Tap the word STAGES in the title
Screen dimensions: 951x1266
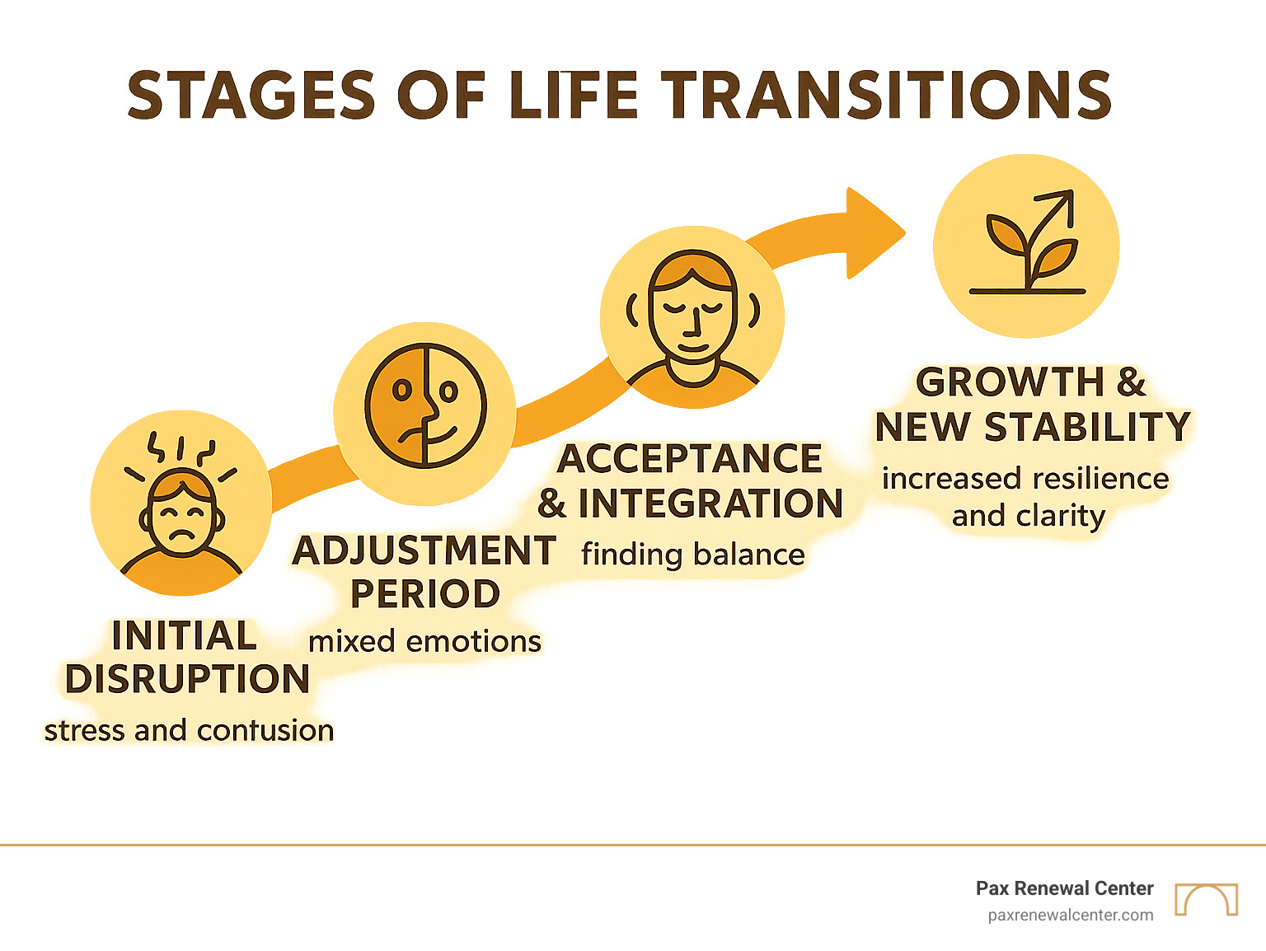coord(252,95)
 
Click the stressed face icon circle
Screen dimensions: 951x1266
coord(181,503)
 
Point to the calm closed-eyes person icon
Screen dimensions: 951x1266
coord(692,317)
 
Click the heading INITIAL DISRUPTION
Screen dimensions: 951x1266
coord(186,658)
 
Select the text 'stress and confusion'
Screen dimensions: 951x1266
coord(189,730)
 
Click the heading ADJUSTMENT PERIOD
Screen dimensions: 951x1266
coord(425,572)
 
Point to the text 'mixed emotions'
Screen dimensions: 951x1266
coord(425,641)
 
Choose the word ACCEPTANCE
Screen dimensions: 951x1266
coord(690,459)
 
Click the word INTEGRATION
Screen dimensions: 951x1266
coord(710,504)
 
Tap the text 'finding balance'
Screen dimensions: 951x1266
coord(692,555)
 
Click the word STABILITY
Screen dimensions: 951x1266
coord(1088,427)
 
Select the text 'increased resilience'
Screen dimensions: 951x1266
coord(1025,479)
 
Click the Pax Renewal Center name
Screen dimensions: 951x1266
coord(1064,888)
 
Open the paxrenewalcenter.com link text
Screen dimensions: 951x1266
coord(1071,915)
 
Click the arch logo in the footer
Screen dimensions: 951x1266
coord(1207,899)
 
